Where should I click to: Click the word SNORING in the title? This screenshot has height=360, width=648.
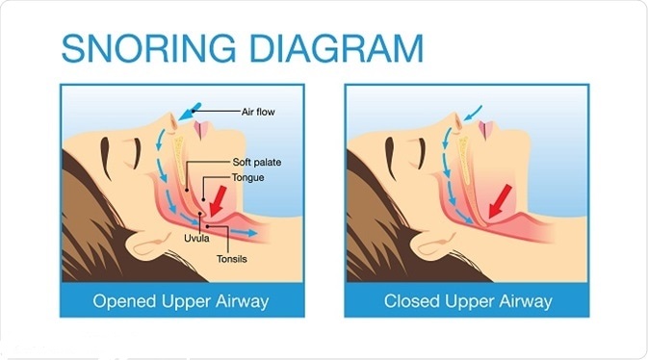[x=148, y=48]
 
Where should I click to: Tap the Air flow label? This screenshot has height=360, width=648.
[x=258, y=112]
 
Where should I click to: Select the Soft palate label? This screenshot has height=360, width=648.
[x=257, y=162]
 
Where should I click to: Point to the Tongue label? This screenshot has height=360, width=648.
[x=247, y=178]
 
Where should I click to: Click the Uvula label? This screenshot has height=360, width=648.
[x=196, y=239]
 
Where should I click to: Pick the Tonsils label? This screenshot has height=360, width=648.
[x=231, y=259]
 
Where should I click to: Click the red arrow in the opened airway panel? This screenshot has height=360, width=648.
[x=218, y=201]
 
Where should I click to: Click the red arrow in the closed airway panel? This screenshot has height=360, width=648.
[x=500, y=201]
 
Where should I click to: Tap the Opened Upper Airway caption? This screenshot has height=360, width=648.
[x=181, y=301]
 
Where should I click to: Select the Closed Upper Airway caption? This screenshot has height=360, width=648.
[x=468, y=301]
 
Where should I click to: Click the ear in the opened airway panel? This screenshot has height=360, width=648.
[x=149, y=244]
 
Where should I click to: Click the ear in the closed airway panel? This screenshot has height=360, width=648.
[x=435, y=244]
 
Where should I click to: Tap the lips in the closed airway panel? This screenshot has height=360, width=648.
[x=486, y=129]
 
